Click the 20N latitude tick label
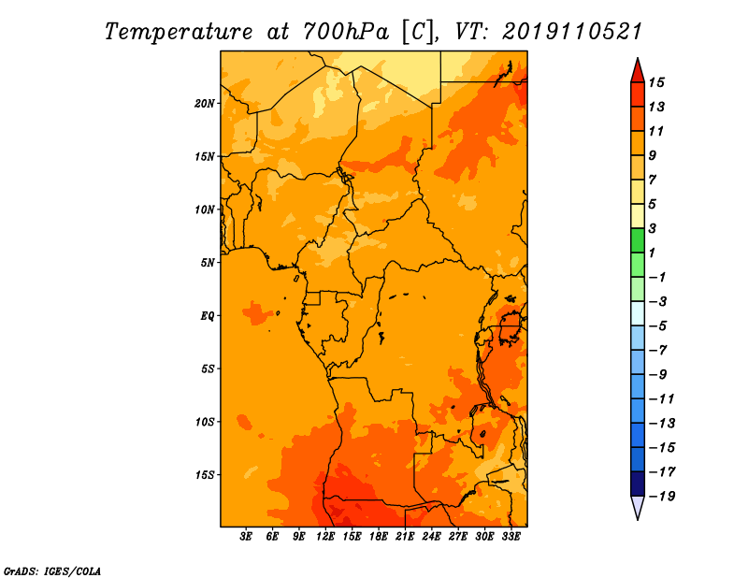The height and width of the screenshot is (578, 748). (204, 104)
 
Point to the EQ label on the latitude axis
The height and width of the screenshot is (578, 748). (207, 315)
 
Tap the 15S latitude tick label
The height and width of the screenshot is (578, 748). (205, 475)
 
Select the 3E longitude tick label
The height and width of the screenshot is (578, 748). (246, 536)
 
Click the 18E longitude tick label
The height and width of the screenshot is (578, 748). (379, 536)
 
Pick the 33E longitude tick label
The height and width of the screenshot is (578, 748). (511, 536)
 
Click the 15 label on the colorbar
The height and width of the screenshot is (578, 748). (656, 82)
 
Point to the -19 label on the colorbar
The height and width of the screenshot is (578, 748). (662, 497)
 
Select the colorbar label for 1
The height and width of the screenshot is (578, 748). (652, 253)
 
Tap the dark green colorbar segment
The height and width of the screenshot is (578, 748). (638, 240)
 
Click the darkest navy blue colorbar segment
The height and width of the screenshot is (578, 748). (638, 484)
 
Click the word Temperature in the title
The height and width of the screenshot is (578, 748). (179, 32)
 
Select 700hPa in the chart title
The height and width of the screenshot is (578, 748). (346, 32)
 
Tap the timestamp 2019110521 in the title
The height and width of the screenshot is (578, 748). (572, 32)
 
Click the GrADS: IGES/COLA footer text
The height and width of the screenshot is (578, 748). (52, 571)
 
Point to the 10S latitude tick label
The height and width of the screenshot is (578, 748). (205, 422)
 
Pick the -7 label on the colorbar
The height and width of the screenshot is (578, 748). (658, 351)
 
